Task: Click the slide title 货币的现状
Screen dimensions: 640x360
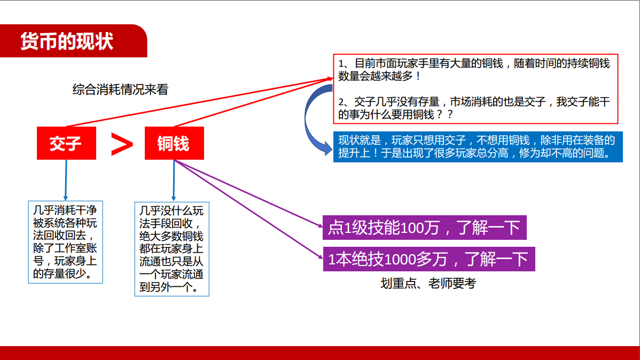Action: point(67,41)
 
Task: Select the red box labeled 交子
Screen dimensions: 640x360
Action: point(67,143)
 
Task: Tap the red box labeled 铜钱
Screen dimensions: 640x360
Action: point(174,143)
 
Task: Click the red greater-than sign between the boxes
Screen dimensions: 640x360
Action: point(122,144)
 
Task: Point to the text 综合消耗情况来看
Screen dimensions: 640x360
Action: point(120,89)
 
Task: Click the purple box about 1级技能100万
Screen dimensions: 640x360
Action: point(425,228)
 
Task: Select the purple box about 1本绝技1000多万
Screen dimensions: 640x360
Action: point(428,259)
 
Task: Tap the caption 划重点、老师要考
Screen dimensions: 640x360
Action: point(428,283)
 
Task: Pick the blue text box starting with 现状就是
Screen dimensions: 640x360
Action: point(478,146)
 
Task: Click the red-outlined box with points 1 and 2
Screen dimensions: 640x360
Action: point(475,89)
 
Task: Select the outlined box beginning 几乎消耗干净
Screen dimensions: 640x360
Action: point(65,242)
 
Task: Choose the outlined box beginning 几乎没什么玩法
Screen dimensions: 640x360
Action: point(172,249)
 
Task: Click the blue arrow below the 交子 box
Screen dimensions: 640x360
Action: point(66,180)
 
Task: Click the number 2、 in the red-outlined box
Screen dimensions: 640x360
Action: point(346,102)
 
